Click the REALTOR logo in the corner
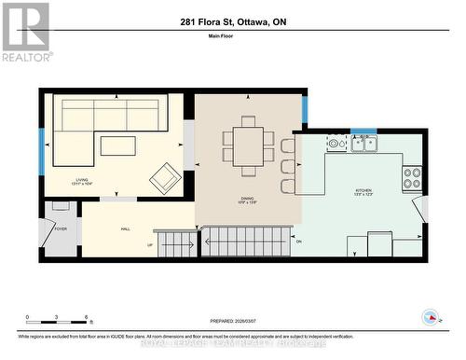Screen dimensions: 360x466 tap(25, 32)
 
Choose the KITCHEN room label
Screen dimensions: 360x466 tap(363, 191)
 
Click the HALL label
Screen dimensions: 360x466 tap(125, 228)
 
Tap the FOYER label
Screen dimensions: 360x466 tap(61, 228)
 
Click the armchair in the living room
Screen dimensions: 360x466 tap(166, 177)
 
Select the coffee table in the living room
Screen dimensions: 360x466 tap(117, 145)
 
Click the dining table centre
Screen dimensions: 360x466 tap(248, 145)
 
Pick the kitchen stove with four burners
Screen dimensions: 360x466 tap(411, 177)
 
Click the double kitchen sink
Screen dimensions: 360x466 tap(363, 143)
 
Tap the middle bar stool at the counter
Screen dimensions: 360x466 tap(288, 166)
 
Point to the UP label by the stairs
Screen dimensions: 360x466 tap(150, 245)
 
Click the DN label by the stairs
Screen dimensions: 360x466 tap(298, 242)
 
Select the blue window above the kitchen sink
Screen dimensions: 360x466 tap(363, 132)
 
